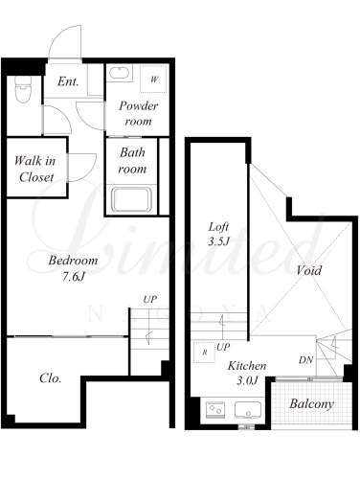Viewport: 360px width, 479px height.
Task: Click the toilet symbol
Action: [x=24, y=89]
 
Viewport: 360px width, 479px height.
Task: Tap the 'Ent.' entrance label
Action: [x=68, y=81]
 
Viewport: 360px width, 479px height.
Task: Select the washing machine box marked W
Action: [x=154, y=79]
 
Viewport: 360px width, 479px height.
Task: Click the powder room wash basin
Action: [x=120, y=73]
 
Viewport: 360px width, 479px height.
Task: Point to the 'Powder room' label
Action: [x=139, y=113]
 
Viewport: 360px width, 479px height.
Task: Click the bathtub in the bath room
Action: [x=131, y=199]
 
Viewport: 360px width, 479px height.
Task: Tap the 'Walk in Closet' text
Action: [x=35, y=169]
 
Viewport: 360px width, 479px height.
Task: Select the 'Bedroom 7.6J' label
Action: [x=73, y=268]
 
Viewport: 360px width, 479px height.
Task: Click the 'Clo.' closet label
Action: [x=51, y=378]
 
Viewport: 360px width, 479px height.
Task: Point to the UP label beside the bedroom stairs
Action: [x=150, y=300]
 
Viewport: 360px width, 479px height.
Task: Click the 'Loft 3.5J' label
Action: [x=219, y=234]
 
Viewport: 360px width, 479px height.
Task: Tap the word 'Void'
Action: [x=308, y=270]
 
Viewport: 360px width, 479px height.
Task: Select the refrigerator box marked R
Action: [x=205, y=353]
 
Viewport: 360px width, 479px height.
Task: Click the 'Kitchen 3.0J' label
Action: [x=247, y=373]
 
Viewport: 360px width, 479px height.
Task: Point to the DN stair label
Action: [x=306, y=360]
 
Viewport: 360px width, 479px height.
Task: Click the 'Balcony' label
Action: [x=311, y=404]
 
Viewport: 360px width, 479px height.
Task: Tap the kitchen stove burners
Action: [x=215, y=409]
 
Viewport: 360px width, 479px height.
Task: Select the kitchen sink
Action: [x=248, y=410]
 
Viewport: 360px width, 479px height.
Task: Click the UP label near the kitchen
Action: [x=223, y=347]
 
